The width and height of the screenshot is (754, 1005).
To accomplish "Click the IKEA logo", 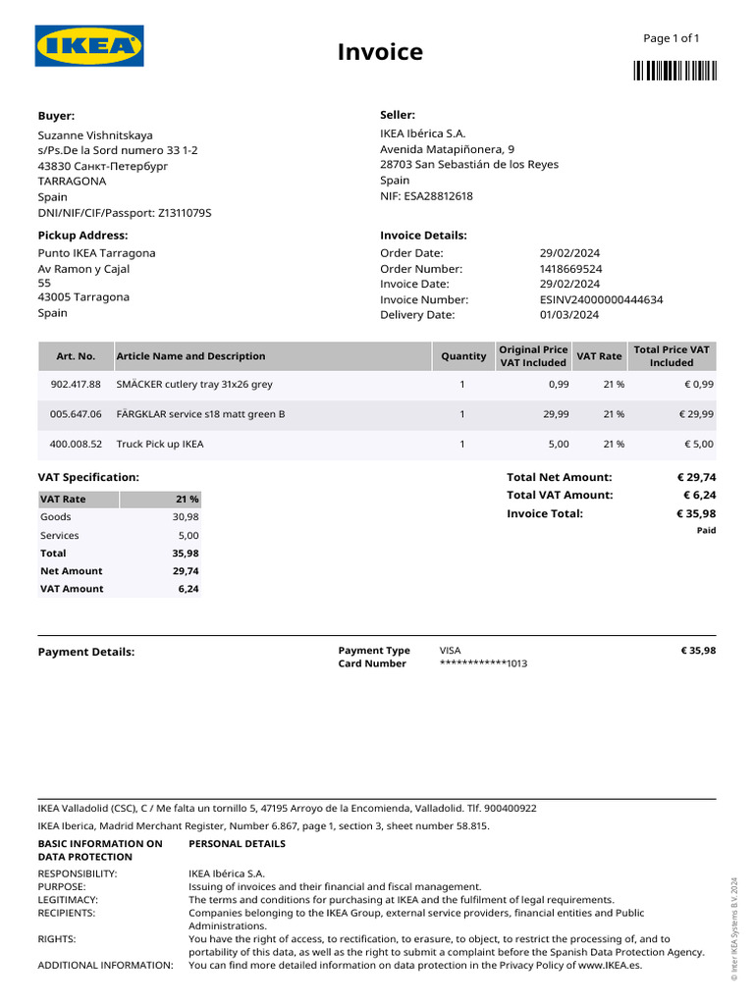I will point(89,46).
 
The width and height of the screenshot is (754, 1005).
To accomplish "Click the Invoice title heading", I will point(380,52).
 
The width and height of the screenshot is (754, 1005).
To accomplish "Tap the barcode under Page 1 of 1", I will point(674,70).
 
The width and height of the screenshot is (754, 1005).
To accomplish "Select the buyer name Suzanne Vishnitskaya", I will point(95,134).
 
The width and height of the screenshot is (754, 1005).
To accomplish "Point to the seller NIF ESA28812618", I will point(426,196).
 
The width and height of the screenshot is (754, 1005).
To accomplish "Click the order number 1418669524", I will point(570,269).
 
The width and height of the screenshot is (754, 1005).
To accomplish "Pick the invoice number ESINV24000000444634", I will point(601,300).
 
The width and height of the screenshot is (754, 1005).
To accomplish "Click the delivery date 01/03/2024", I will point(568,315).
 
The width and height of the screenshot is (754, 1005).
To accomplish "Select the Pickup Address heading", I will point(82,236).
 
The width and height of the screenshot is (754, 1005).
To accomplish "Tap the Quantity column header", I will point(463,356).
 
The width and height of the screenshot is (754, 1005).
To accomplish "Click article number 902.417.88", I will point(75,385).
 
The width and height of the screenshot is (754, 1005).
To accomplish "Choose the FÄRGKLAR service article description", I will point(200,414).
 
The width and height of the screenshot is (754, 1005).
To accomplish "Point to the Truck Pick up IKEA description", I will point(160,445).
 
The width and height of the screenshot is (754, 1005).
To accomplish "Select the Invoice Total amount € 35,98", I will point(696,513).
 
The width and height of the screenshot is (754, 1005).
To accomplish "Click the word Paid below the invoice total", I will point(706,531).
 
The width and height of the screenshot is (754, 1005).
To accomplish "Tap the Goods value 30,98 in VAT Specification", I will point(186,517).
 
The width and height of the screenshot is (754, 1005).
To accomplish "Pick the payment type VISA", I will point(450,650).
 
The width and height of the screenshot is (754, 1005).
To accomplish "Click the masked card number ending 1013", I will point(484,664).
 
